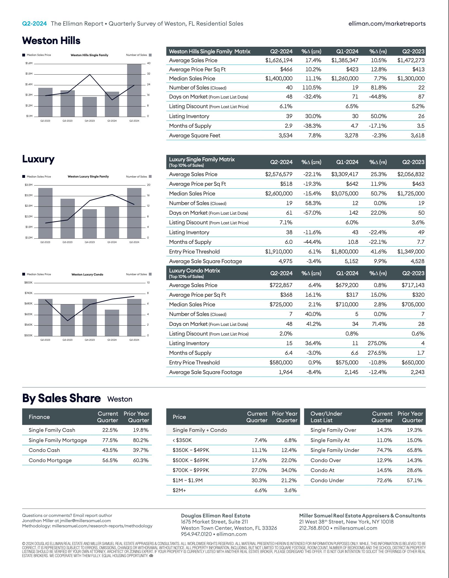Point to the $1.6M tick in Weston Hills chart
coord(29,63)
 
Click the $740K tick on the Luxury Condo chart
coord(28,293)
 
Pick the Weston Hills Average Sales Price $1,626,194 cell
coord(279,60)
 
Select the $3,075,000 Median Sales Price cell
coord(345,193)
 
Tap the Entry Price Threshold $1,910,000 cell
coord(279,252)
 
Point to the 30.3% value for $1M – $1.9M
coord(259,480)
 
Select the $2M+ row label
coord(179,490)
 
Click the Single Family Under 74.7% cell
coord(384,450)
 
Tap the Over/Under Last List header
coord(326,417)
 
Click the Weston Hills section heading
coord(51,40)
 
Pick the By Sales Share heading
coord(61,398)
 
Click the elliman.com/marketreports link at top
coord(387,24)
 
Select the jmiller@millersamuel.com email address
coord(85,520)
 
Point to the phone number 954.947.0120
coord(196,534)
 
